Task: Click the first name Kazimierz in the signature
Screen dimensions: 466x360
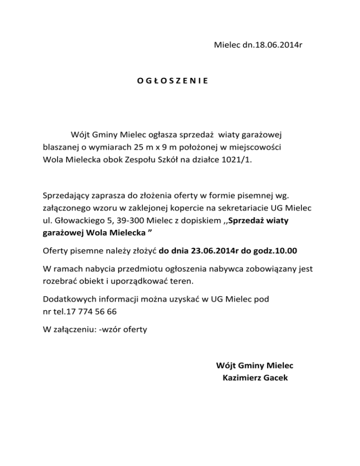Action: [x=242, y=377]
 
